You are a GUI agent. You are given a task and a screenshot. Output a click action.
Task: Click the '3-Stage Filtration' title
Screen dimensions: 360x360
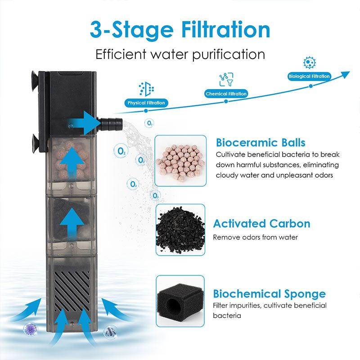pyautogui.click(x=180, y=29)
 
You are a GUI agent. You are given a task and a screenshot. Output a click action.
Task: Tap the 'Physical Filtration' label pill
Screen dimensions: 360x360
pyautogui.click(x=146, y=103)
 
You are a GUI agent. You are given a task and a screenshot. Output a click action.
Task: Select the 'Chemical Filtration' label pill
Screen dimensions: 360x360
pyautogui.click(x=226, y=94)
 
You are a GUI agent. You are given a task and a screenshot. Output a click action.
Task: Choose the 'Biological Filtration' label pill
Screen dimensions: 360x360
pyautogui.click(x=309, y=76)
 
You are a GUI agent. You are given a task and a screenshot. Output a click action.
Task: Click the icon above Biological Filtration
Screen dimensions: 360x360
pyautogui.click(x=309, y=63)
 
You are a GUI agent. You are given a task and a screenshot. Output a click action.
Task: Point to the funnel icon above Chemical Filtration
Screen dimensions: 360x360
pyautogui.click(x=226, y=80)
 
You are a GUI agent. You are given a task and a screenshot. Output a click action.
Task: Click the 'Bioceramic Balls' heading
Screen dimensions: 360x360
pyautogui.click(x=261, y=143)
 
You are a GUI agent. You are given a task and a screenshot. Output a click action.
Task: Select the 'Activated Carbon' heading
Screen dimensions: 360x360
pyautogui.click(x=261, y=224)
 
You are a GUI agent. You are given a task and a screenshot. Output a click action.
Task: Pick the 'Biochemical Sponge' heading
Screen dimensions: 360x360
pyautogui.click(x=269, y=294)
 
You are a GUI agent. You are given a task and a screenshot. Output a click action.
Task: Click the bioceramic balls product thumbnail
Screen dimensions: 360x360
pyautogui.click(x=180, y=161)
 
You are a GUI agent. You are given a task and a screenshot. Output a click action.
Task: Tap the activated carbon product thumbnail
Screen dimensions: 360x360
pyautogui.click(x=180, y=230)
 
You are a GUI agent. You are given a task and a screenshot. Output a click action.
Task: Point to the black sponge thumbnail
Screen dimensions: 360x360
pyautogui.click(x=180, y=301)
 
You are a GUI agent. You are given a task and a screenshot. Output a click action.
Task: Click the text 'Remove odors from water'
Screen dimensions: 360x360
pyautogui.click(x=255, y=237)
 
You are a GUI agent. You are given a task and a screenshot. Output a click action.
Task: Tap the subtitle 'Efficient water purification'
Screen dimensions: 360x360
pyautogui.click(x=180, y=54)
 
